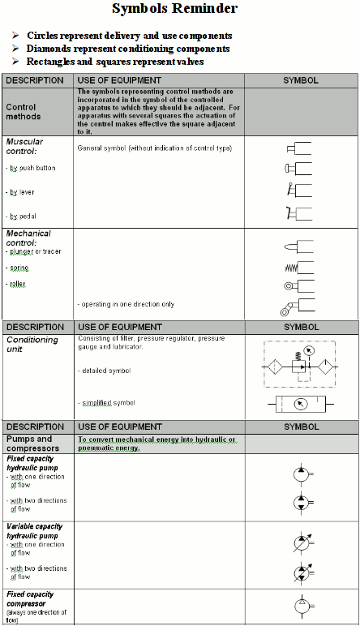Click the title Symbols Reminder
pyautogui.click(x=186, y=10)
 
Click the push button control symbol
pyautogui.click(x=299, y=168)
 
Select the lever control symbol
pyautogui.click(x=299, y=191)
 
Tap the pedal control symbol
pyautogui.click(x=299, y=214)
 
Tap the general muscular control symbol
pyautogui.click(x=299, y=149)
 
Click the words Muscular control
pyautogui.click(x=25, y=146)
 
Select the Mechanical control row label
pyautogui.click(x=28, y=238)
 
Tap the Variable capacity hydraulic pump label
pyautogui.click(x=32, y=531)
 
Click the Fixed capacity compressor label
pyautogui.click(x=31, y=598)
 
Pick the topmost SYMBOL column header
pyautogui.click(x=300, y=80)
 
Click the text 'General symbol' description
pyautogui.click(x=154, y=148)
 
